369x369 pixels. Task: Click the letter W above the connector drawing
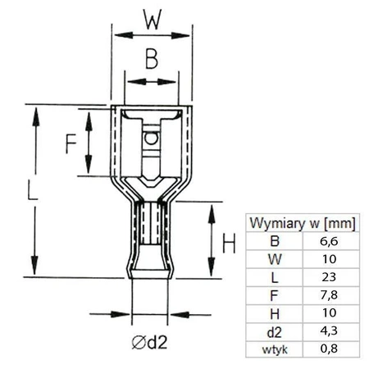click(151, 18)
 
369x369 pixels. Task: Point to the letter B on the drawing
click(150, 60)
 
